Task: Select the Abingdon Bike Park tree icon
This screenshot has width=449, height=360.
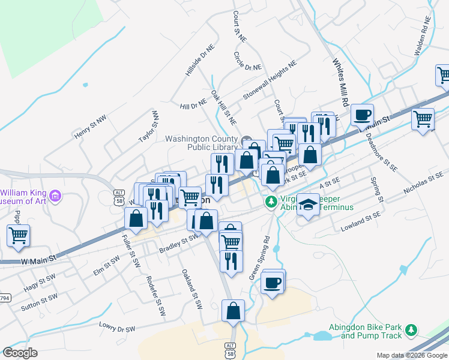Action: (x=411, y=330)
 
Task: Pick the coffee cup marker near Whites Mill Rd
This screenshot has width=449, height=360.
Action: (x=362, y=115)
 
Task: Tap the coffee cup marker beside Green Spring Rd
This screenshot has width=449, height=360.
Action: (x=272, y=283)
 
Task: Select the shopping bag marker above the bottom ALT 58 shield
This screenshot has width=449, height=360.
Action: (x=233, y=311)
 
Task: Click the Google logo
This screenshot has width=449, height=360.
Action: (x=20, y=353)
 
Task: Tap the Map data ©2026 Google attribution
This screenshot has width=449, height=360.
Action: (x=411, y=355)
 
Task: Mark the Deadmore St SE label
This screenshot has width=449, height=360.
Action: (x=381, y=152)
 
